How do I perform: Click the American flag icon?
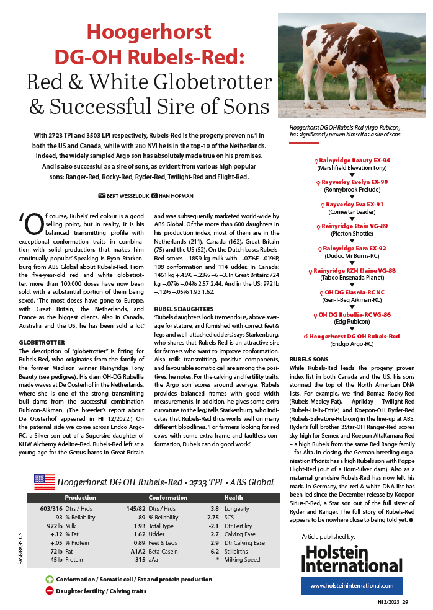click(43, 481)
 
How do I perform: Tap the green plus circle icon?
click(50, 579)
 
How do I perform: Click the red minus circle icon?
click(50, 591)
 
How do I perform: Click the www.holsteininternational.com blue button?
click(352, 585)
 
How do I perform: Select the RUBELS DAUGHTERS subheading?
click(184, 308)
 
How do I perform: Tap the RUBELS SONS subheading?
click(309, 358)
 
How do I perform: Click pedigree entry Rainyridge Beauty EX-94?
click(354, 160)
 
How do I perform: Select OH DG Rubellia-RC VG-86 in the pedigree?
click(354, 314)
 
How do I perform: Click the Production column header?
click(81, 497)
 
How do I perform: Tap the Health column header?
click(234, 497)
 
